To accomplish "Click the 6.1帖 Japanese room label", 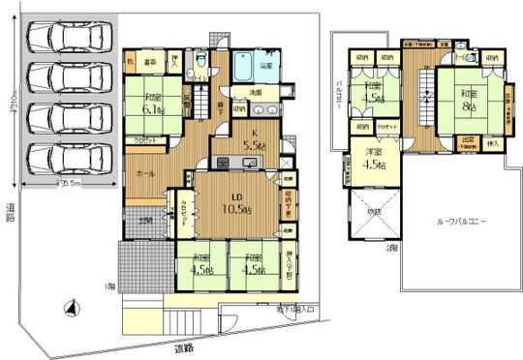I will coord(156,104).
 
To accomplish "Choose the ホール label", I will coord(145,173).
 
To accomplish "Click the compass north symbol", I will coord(67,309).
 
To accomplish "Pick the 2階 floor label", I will coord(391,248).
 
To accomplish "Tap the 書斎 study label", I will coord(151,63).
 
